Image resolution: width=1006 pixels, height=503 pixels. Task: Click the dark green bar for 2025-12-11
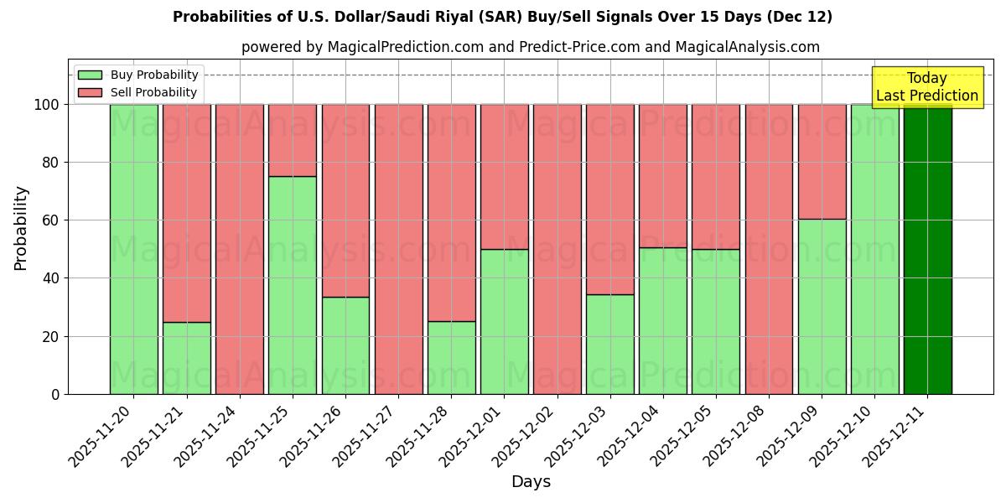pos(927,249)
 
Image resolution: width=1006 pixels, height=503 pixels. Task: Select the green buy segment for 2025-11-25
pos(293,285)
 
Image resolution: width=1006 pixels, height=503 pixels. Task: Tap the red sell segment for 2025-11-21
pos(187,213)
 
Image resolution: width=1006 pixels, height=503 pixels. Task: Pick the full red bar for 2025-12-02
pos(557,249)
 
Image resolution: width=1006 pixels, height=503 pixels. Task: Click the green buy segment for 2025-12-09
pos(822,307)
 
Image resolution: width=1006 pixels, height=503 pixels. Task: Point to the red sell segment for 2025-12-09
pos(822,162)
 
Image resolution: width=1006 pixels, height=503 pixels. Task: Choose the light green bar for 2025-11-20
pos(134,249)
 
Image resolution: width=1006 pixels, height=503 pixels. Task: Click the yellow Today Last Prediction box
pos(927,87)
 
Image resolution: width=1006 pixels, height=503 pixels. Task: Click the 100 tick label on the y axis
pos(46,105)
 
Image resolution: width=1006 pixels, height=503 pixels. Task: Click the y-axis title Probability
pos(22,228)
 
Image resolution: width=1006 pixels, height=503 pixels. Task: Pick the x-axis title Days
pos(531,482)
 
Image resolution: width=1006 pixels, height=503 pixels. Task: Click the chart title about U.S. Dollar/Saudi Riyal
pos(502,17)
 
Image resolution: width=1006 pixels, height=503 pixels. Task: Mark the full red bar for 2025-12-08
pos(769,249)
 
